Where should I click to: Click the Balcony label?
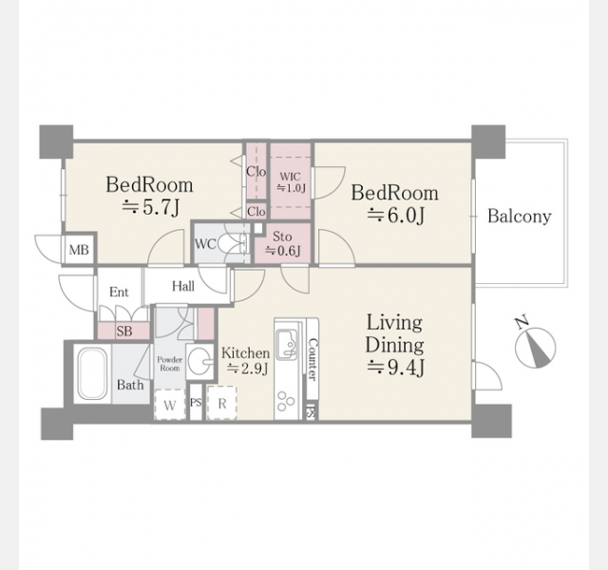tap(520, 216)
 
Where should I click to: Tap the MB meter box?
tap(79, 249)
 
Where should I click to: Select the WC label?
tap(205, 244)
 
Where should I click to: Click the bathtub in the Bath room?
tap(93, 373)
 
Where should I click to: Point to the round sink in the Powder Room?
tap(200, 361)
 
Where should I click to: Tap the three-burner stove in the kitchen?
tap(287, 401)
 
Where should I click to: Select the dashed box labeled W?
tap(170, 405)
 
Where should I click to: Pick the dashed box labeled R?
tap(221, 403)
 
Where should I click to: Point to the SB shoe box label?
tap(124, 332)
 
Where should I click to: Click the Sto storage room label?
tap(282, 237)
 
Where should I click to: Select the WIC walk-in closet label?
tap(290, 177)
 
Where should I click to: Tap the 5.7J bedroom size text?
tap(150, 208)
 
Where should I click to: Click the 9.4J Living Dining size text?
tap(395, 368)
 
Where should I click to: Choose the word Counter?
tap(313, 359)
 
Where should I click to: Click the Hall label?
tap(183, 287)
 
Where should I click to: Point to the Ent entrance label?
tap(119, 292)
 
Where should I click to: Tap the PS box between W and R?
tap(196, 402)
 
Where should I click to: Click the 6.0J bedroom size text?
tap(395, 216)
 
